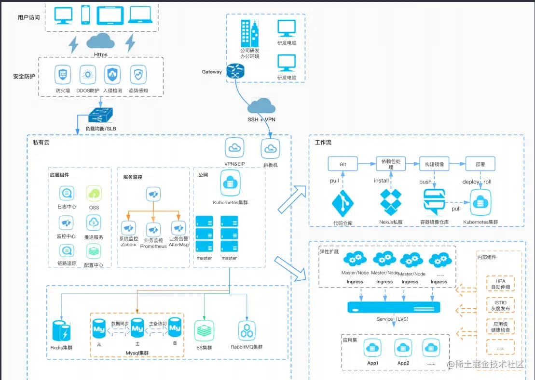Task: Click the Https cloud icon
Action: (101, 41)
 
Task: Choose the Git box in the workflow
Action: (343, 164)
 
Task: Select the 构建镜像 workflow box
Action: (434, 164)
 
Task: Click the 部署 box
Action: (480, 164)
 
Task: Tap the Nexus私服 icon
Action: (391, 202)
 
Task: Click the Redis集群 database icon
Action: (62, 330)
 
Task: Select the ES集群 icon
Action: (206, 331)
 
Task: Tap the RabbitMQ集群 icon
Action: (247, 331)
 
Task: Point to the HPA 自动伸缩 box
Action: (500, 284)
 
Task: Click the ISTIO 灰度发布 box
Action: (500, 305)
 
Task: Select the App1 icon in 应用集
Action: (373, 348)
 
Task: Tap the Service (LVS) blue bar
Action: (394, 307)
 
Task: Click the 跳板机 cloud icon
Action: (271, 149)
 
